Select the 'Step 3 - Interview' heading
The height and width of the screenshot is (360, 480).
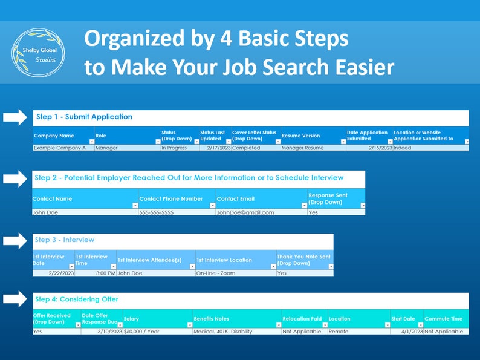click(x=65, y=240)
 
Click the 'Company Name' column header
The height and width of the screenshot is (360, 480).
click(x=54, y=136)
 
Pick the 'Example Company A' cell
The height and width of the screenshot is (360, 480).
click(x=60, y=148)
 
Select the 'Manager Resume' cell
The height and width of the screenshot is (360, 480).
click(x=302, y=148)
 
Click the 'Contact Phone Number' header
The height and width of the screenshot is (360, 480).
click(x=171, y=198)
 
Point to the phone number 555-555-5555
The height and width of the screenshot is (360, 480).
click(x=156, y=212)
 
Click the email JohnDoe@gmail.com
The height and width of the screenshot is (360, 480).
click(x=245, y=212)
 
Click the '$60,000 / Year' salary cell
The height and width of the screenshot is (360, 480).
click(x=144, y=332)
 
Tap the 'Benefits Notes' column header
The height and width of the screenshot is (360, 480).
click(x=212, y=319)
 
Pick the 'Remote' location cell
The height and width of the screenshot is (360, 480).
click(x=339, y=332)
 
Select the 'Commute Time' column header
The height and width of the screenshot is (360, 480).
click(x=443, y=319)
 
